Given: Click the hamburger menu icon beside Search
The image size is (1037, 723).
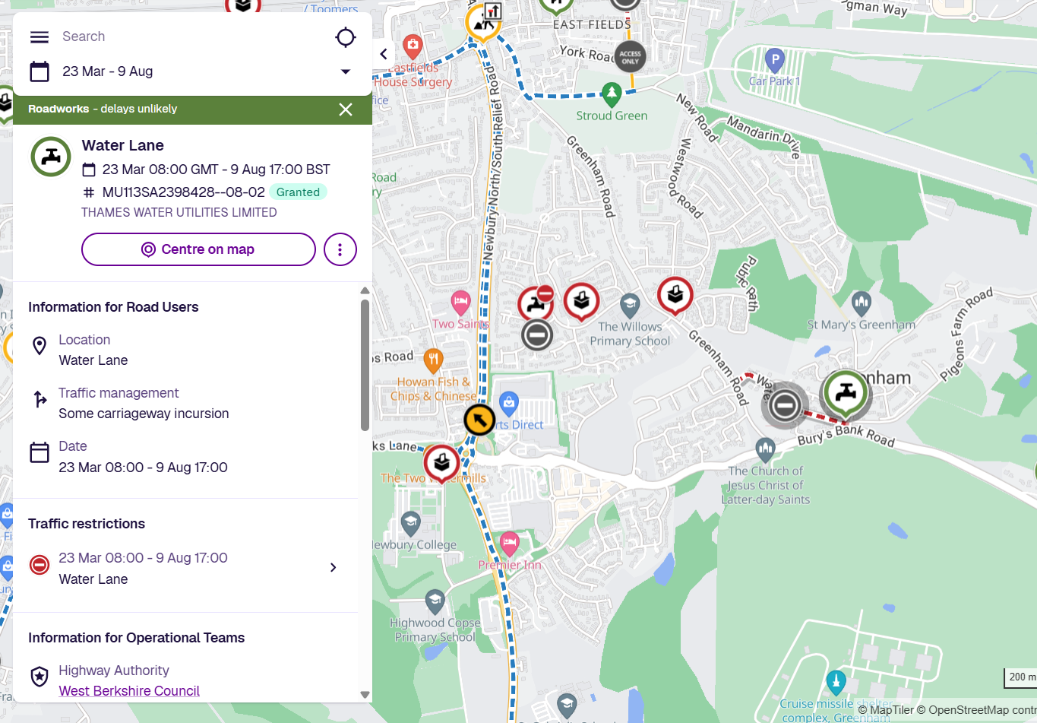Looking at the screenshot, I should click(40, 36).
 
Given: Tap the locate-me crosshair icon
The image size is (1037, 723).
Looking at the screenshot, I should click(346, 36).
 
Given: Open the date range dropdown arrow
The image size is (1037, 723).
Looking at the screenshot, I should click(346, 71).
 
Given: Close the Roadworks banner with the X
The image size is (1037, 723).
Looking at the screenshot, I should click(346, 109).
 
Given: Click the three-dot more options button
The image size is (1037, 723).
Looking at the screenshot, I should click(340, 249).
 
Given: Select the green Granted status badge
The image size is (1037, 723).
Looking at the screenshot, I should click(298, 192).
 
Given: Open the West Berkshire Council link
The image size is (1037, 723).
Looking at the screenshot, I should click(129, 691).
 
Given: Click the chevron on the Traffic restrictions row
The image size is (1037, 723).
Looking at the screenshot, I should click(333, 568).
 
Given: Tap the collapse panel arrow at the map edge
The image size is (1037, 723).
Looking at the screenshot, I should click(384, 54).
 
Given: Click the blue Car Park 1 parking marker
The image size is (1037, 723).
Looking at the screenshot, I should click(774, 59).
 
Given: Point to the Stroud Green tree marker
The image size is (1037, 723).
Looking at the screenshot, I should click(612, 94).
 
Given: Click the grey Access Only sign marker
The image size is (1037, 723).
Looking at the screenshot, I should click(630, 56).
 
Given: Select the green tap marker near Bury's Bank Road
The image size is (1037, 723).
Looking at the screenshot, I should click(846, 392).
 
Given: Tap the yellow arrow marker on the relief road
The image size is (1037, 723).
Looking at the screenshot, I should click(479, 420).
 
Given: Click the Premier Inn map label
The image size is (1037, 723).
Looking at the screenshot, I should click(510, 565).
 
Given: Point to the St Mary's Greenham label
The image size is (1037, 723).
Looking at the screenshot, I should click(861, 325).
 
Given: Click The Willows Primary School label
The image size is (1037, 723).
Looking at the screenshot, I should click(630, 334).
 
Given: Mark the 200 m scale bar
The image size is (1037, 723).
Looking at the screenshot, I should click(1020, 677).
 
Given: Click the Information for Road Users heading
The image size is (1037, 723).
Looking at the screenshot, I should click(113, 307).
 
